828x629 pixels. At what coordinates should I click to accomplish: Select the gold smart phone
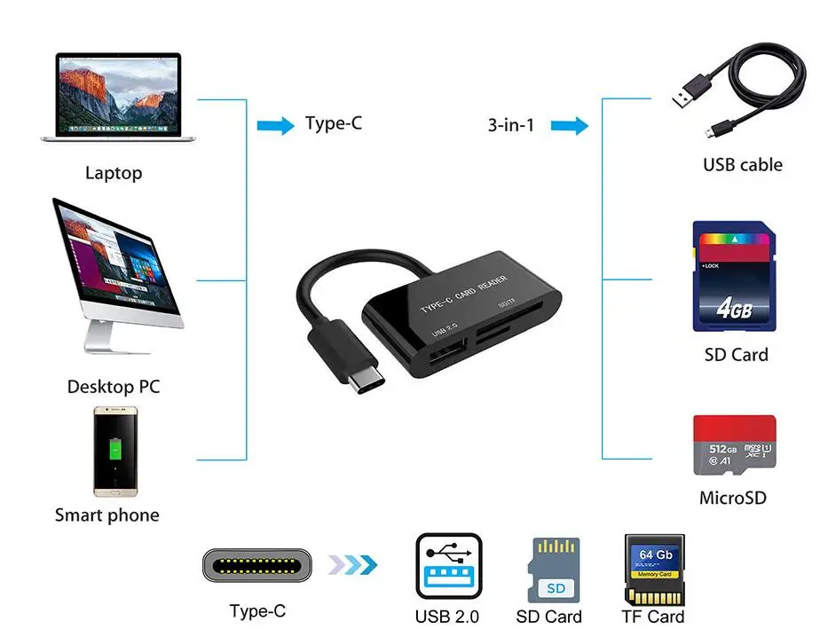pos(114,451)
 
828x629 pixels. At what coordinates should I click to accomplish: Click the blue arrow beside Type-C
pos(275,125)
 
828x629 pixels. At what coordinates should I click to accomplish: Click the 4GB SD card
pos(733,276)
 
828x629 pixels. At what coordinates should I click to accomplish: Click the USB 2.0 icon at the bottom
pos(448,566)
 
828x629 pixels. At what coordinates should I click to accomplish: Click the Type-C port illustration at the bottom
pos(256,565)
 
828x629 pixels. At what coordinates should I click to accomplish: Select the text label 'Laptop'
pos(114,173)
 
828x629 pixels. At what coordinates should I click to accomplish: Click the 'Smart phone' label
pos(107,515)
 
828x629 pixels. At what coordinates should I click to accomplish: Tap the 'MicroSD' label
pos(732,498)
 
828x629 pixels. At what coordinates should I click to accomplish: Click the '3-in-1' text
pos(511,125)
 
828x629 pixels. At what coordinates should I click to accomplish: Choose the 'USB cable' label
pos(742,165)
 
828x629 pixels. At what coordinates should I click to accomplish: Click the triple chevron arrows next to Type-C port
pos(352,565)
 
